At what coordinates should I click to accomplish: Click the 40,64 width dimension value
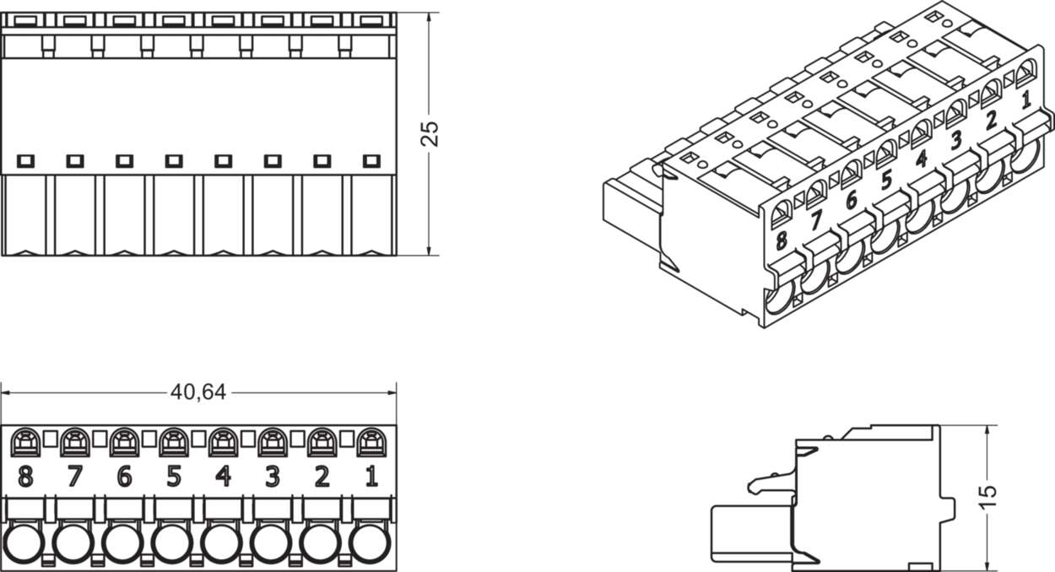pyautogui.click(x=198, y=392)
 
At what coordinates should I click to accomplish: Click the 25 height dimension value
pyautogui.click(x=430, y=133)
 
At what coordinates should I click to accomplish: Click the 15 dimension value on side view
pyautogui.click(x=989, y=495)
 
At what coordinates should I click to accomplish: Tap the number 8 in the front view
pyautogui.click(x=25, y=478)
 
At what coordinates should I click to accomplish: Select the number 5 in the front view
pyautogui.click(x=173, y=478)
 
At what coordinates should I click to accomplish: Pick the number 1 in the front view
pyautogui.click(x=371, y=478)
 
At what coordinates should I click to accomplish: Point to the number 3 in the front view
pyautogui.click(x=272, y=478)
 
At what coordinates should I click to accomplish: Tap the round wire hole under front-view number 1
pyautogui.click(x=371, y=543)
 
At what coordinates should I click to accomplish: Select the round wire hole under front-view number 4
pyautogui.click(x=222, y=543)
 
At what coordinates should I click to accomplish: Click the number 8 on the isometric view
pyautogui.click(x=782, y=240)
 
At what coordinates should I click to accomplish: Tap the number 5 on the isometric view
pyautogui.click(x=886, y=181)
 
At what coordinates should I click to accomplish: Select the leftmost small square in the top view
pyautogui.click(x=24, y=159)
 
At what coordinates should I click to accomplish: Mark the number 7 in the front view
pyautogui.click(x=74, y=478)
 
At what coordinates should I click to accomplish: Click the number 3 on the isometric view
pyautogui.click(x=956, y=140)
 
